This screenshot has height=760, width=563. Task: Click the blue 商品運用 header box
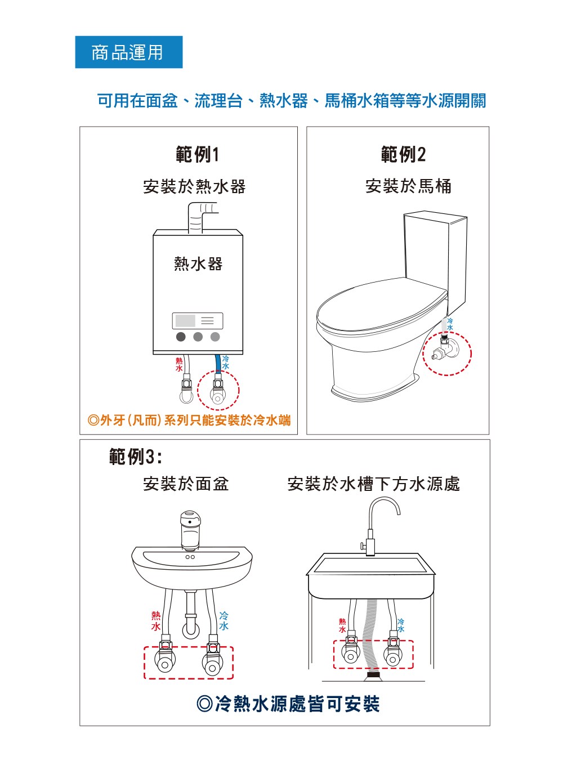pos(128,52)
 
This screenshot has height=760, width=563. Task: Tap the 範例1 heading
pos(197,154)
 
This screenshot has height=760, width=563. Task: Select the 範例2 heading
pos(403,154)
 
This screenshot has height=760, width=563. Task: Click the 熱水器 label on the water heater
pos(198,264)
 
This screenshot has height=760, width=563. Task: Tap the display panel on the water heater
pos(198,321)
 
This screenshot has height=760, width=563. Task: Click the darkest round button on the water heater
pos(181,337)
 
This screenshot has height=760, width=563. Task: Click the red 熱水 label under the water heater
pos(179,364)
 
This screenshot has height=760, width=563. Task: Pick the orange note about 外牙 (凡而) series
pos(189,420)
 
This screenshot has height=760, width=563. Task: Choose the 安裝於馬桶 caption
pos(408,186)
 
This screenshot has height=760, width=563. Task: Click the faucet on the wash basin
pos(190,530)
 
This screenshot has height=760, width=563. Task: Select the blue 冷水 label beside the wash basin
pos(224,621)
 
